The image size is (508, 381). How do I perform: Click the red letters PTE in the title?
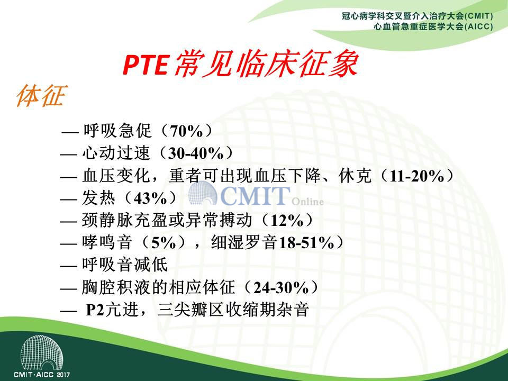click(x=146, y=64)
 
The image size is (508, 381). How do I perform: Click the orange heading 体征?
click(x=41, y=95)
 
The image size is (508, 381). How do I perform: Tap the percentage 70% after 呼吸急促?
click(x=186, y=131)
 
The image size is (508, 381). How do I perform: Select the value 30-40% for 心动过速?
click(x=196, y=153)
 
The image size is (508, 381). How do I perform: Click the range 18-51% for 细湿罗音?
click(x=306, y=243)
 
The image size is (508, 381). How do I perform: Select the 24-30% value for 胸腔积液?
click(x=281, y=287)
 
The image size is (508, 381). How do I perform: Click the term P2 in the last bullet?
click(x=95, y=310)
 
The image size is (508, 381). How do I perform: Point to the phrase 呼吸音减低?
click(x=125, y=265)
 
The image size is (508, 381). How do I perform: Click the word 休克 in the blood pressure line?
click(x=355, y=176)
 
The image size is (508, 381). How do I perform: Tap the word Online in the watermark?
click(x=307, y=202)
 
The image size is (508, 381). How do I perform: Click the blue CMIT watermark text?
click(x=255, y=195)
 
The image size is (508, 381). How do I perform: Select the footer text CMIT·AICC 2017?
click(x=42, y=375)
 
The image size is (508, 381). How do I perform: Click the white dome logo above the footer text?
click(x=41, y=353)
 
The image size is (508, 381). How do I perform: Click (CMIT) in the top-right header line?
click(x=478, y=16)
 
